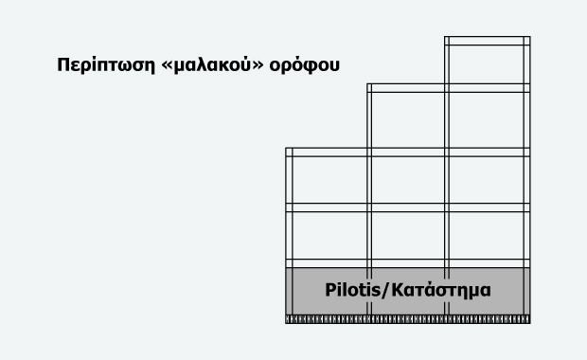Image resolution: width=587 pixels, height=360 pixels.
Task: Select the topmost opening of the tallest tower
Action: point(487,64)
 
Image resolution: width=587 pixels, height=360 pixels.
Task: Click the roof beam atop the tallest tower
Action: point(487,41)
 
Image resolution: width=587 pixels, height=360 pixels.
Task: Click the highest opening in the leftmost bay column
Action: point(328,179)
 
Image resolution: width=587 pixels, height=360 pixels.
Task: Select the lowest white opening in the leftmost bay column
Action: point(328,234)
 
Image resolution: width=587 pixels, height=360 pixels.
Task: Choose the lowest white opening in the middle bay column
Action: point(407,234)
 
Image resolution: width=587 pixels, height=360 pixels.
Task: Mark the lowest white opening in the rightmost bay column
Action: point(487,234)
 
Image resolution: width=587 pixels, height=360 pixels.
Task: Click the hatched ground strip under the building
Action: point(407,321)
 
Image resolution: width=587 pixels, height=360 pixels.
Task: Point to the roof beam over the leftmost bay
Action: point(328,152)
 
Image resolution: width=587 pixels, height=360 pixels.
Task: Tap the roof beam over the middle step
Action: point(407,88)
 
